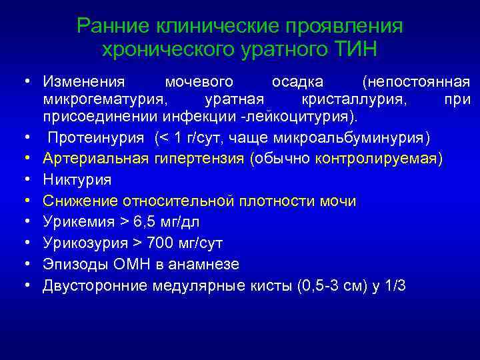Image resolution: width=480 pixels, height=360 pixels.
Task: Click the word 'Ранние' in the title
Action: pyautogui.click(x=114, y=26)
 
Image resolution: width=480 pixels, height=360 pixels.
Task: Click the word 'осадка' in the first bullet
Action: pyautogui.click(x=297, y=82)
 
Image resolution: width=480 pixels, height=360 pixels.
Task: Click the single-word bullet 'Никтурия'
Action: pyautogui.click(x=77, y=180)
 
